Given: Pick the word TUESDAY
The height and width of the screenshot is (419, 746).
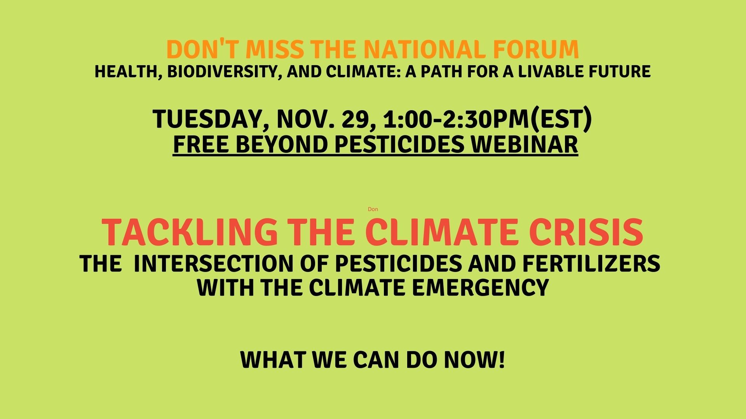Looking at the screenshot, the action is tap(206, 119).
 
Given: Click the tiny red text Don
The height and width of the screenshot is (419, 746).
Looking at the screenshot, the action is tap(373, 209).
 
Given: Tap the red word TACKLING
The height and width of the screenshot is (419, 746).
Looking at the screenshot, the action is tap(190, 232).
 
